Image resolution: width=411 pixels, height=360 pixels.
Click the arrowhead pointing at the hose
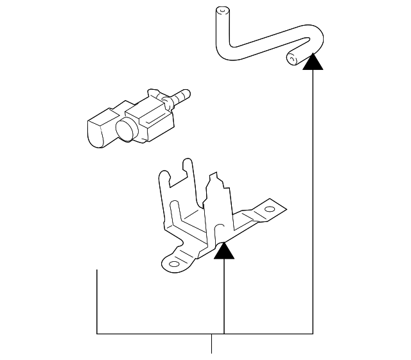[x=313, y=61]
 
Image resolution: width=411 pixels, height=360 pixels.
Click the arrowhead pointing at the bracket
[x=224, y=250]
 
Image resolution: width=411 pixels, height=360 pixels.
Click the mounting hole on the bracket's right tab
[x=270, y=210]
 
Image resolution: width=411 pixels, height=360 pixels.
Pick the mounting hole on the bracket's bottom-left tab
[x=173, y=262]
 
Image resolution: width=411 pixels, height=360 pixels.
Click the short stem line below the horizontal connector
[x=212, y=344]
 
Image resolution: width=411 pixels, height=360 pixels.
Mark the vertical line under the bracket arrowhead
[x=224, y=295]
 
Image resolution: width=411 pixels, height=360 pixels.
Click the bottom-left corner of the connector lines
[x=97, y=334]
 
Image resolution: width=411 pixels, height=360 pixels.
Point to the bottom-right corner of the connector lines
[x=313, y=334]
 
